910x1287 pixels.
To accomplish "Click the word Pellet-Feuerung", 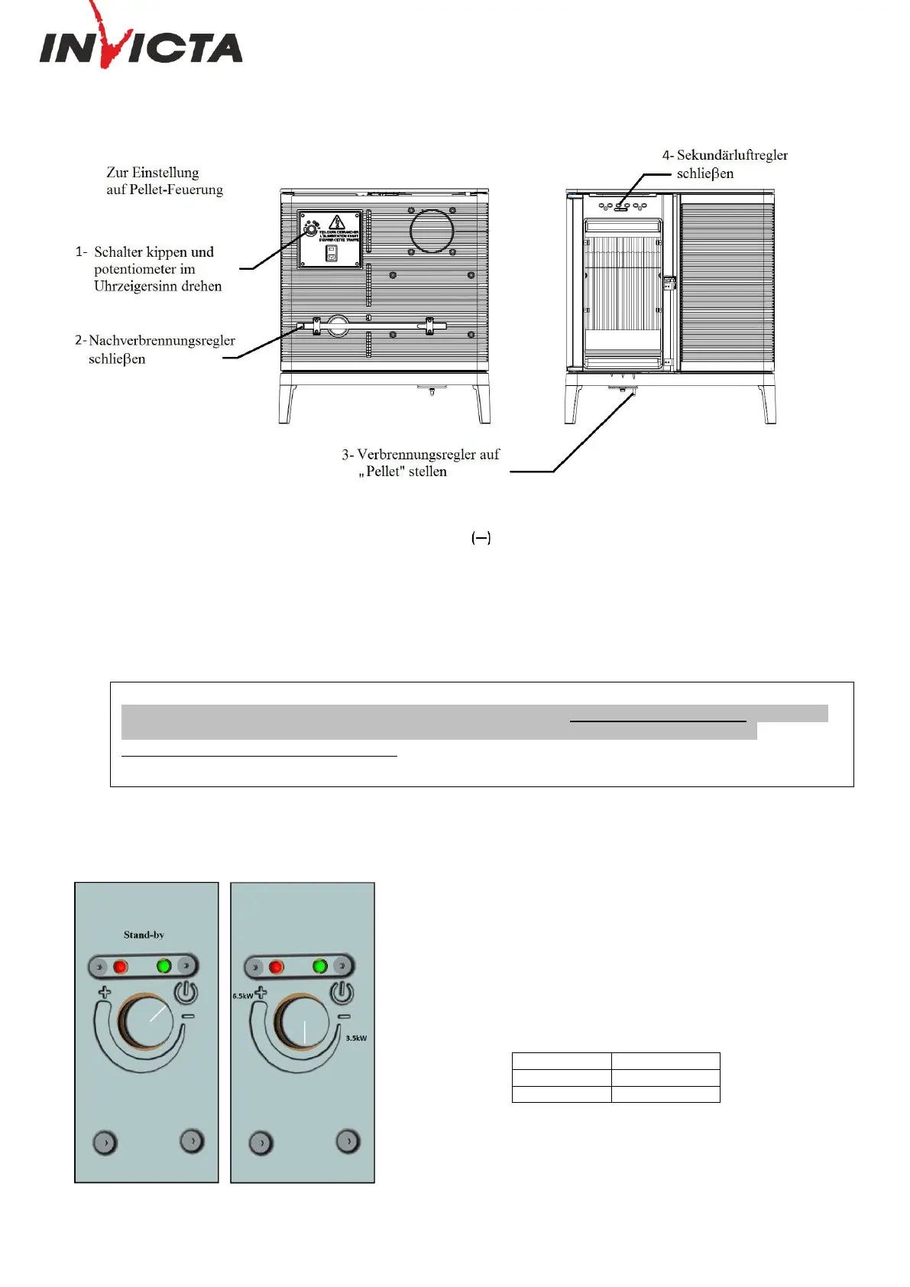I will point(175,190).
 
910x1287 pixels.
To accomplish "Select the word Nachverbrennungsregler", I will point(162,341).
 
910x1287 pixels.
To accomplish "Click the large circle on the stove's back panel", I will point(432,232).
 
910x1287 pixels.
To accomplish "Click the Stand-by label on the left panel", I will point(144,935).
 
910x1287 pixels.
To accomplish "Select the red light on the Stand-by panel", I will point(121,967).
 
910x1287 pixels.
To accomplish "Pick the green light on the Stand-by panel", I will point(164,966).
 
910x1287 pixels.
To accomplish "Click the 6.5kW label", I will point(242,997).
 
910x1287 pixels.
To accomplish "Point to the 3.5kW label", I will point(356,1039).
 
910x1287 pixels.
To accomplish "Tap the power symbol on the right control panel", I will point(342,992).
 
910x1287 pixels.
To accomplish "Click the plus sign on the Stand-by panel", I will point(104,993).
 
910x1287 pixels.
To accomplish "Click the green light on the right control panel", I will point(320,967).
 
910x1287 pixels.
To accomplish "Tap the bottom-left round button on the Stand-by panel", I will point(105,1143).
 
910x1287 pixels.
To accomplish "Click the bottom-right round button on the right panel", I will point(348,1142).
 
